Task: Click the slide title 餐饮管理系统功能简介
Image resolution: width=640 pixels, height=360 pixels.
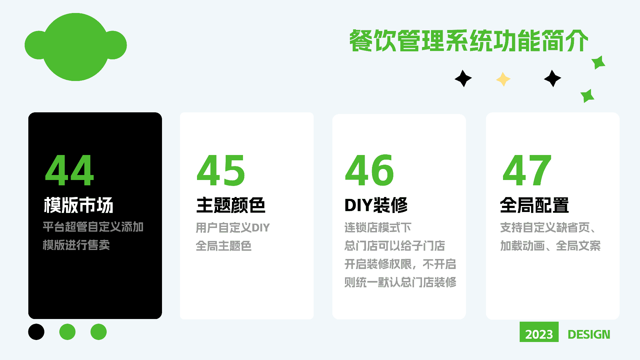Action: coord(469,41)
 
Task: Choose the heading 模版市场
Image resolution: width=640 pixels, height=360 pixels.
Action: coord(79,205)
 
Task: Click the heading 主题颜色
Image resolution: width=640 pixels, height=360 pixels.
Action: coord(231,205)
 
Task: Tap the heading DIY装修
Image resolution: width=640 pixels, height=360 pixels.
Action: coord(376,205)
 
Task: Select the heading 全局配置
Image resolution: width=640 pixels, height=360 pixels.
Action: coord(534,205)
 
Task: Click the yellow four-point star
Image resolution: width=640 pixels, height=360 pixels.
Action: coord(503,79)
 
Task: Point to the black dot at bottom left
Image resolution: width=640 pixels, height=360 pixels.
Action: coord(36,332)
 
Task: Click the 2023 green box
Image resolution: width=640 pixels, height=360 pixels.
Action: coord(539,332)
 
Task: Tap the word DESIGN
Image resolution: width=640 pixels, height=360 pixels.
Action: coord(589,334)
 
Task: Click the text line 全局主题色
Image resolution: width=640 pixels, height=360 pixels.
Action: coord(224,246)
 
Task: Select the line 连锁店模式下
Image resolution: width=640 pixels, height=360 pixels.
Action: coord(378,228)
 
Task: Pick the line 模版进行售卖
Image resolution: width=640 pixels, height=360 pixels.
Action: coord(76,245)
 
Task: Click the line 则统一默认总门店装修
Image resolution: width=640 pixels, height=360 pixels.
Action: coord(400,282)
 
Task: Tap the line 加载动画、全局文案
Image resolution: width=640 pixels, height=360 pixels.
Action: coord(550,246)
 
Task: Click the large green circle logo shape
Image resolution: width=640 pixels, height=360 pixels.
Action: coord(76,47)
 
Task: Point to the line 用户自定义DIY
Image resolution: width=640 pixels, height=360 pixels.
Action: coord(233,228)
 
